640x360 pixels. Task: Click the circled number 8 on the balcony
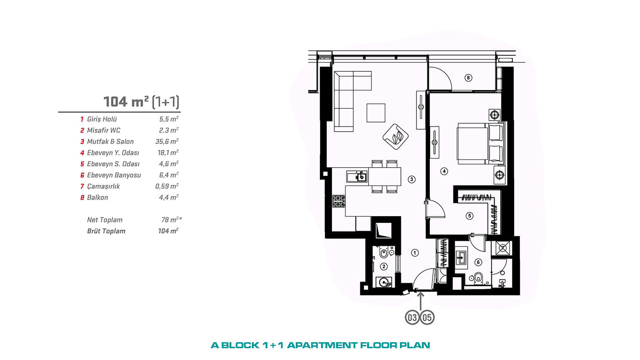pyautogui.click(x=468, y=78)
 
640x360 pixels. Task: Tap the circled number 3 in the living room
pyautogui.click(x=411, y=179)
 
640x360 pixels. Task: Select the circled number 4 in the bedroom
pyautogui.click(x=444, y=171)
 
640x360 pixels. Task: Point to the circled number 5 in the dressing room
pyautogui.click(x=469, y=216)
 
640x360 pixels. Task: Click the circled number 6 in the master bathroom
pyautogui.click(x=478, y=262)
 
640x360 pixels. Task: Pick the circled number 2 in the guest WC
pyautogui.click(x=384, y=267)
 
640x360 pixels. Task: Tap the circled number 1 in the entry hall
pyautogui.click(x=415, y=253)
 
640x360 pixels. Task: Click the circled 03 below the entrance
pyautogui.click(x=412, y=318)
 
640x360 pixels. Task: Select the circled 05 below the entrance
pyautogui.click(x=427, y=318)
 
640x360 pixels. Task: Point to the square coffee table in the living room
pyautogui.click(x=376, y=113)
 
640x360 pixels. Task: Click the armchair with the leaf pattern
pyautogui.click(x=395, y=137)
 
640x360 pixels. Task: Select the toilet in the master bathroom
pyautogui.click(x=478, y=278)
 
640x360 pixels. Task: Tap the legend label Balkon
pyautogui.click(x=97, y=197)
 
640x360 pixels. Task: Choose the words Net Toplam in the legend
pyautogui.click(x=105, y=220)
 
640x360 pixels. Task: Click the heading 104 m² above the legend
pyautogui.click(x=126, y=101)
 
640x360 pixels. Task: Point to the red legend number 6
pyautogui.click(x=82, y=175)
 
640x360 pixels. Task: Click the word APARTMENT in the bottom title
pyautogui.click(x=322, y=345)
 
